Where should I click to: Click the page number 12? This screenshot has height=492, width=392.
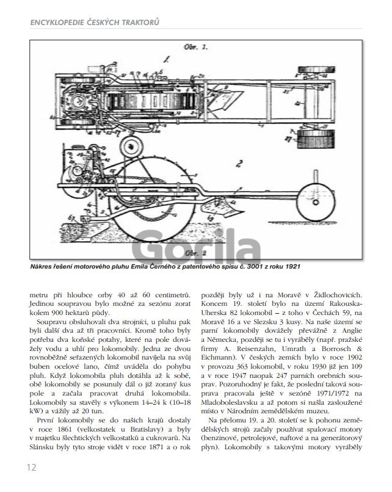32,467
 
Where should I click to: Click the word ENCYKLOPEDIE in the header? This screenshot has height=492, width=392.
57,22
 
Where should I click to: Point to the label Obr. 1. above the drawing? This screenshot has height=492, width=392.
196,47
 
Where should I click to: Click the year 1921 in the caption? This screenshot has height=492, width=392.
293,266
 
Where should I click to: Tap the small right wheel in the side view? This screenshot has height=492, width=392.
316,202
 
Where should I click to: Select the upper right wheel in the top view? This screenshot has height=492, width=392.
316,70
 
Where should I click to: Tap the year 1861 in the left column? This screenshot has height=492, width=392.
65,429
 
